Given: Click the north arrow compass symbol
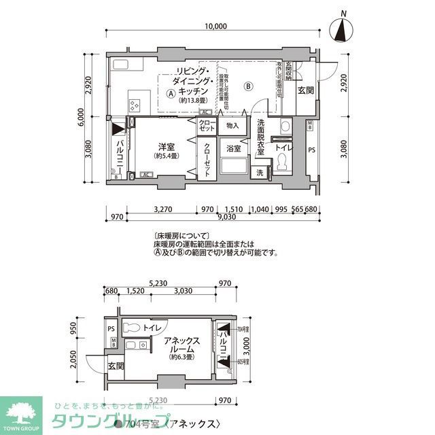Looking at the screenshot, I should (343, 31).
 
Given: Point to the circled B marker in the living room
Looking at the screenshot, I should (249, 86).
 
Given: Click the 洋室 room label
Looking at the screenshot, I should (167, 146).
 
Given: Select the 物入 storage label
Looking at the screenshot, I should (232, 126).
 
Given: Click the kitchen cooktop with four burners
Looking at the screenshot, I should (134, 105).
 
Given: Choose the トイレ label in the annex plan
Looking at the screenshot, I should (152, 328).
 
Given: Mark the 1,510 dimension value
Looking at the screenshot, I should (234, 209).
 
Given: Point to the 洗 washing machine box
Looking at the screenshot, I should (260, 173).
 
